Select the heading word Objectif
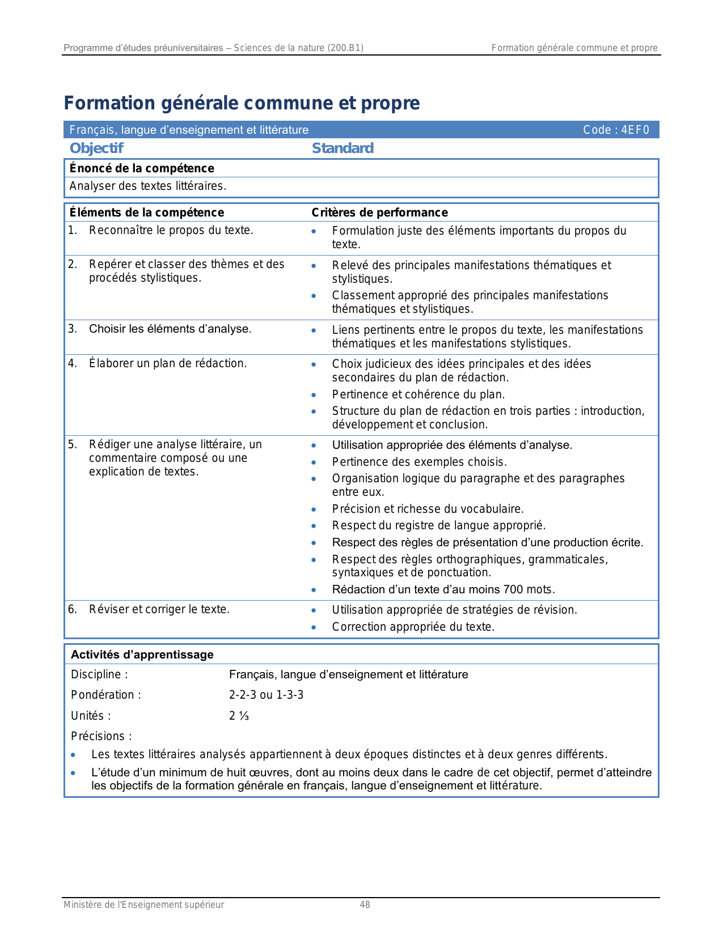(96, 148)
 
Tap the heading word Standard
(343, 148)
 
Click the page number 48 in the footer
(365, 905)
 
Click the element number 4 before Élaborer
(72, 363)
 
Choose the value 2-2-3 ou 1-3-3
(266, 695)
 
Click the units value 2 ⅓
(239, 716)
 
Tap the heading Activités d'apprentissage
(142, 654)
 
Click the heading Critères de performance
(379, 212)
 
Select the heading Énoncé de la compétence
(142, 168)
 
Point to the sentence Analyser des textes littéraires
(147, 186)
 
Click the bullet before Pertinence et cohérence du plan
(314, 395)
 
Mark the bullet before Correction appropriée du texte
(314, 627)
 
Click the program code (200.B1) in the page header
(345, 48)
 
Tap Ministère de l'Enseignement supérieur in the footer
(143, 905)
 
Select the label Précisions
(101, 736)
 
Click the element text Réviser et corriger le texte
(159, 609)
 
